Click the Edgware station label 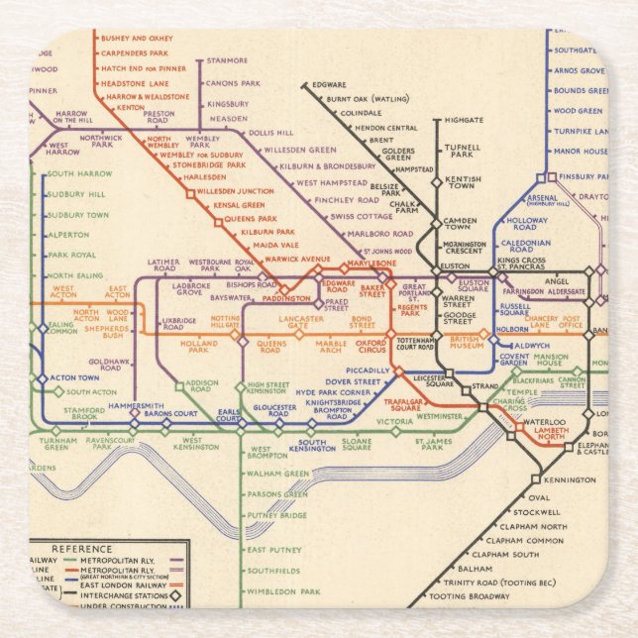click(x=329, y=85)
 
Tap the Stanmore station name click(x=228, y=61)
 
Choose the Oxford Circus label click(x=371, y=347)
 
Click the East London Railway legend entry click(x=119, y=584)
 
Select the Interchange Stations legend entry click(x=125, y=595)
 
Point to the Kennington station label click(x=570, y=480)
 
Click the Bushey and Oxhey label click(x=136, y=39)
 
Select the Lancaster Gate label click(x=301, y=324)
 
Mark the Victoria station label click(x=394, y=422)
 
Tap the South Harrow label click(x=80, y=174)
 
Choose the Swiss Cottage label click(x=362, y=216)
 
